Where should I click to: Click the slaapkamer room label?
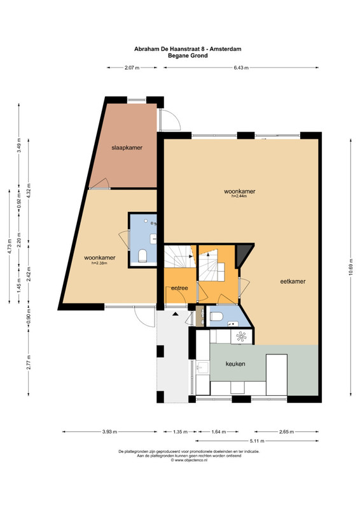coord(127,148)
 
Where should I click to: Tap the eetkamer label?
coord(293,281)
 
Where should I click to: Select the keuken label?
coord(235,364)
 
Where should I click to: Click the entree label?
coord(179,288)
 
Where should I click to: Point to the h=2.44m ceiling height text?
coord(239,196)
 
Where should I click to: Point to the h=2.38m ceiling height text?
coord(99,263)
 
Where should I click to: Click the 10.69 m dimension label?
coord(350,267)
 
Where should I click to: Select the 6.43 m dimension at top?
coord(241,68)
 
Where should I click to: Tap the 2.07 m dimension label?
coord(132,68)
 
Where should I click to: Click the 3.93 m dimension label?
coord(109,432)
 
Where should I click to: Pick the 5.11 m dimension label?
coord(257,441)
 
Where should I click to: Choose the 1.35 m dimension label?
coord(180,432)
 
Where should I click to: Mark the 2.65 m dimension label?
coord(286,432)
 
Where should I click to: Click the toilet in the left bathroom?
coord(142,256)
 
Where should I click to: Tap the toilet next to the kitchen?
coord(216,316)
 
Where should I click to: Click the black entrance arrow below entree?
coord(176,314)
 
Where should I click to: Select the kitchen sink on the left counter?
coord(203,368)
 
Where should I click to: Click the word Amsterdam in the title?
coord(225,49)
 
